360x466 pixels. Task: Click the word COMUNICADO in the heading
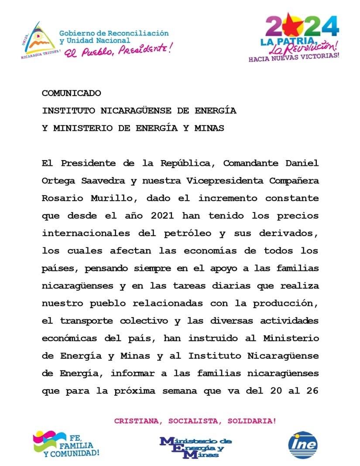click(71, 93)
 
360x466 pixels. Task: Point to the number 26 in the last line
click(312, 391)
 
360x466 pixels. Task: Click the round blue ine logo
click(303, 445)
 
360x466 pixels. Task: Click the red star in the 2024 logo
click(290, 26)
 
